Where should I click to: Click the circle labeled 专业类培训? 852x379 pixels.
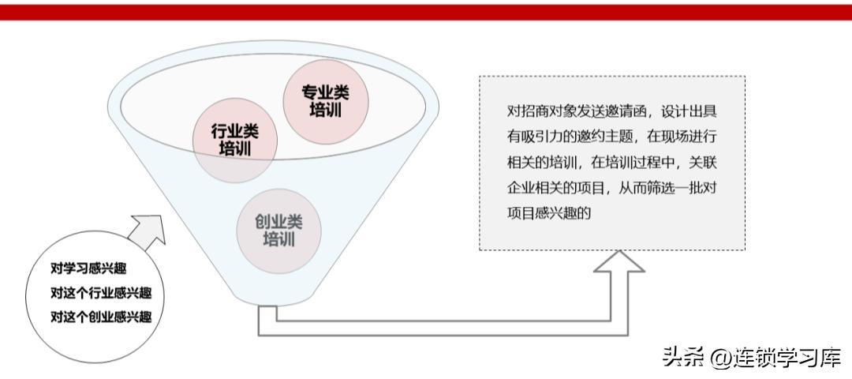[x=324, y=100]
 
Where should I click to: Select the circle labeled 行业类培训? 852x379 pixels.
[x=234, y=140]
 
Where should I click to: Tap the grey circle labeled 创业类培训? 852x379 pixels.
[x=278, y=230]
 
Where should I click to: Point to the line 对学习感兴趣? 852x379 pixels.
[x=88, y=268]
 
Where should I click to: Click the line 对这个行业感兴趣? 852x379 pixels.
[x=101, y=293]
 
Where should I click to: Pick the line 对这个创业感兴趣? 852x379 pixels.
[x=101, y=317]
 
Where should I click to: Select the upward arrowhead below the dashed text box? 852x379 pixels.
[x=619, y=268]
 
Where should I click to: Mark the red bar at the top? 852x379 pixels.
[x=426, y=11]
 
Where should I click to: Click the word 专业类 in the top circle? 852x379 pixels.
[x=324, y=92]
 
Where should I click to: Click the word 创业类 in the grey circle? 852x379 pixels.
[x=278, y=222]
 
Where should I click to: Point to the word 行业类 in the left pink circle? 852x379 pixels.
[x=234, y=131]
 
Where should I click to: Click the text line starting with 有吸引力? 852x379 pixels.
[x=611, y=136]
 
